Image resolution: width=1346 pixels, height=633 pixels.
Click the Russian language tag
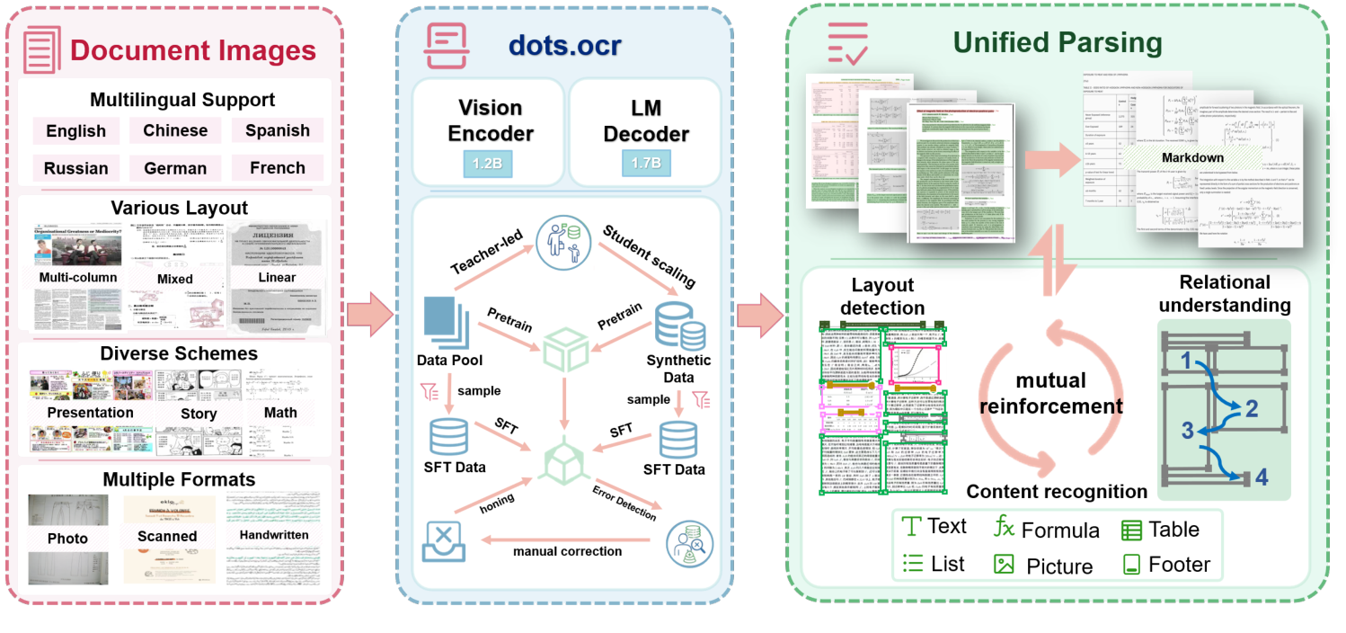[76, 168]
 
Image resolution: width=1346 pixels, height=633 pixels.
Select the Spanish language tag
[278, 130]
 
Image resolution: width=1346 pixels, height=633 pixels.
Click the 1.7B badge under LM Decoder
[645, 164]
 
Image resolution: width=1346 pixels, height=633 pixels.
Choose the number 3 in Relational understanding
[1188, 431]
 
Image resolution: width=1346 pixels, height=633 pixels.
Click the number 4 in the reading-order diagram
[1262, 477]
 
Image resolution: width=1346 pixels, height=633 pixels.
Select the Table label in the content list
[1173, 529]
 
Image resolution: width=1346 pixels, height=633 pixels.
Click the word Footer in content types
[1179, 565]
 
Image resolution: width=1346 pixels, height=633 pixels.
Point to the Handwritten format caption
[274, 535]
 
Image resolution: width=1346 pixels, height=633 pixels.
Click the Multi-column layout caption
[78, 277]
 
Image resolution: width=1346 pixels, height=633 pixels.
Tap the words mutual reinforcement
[1050, 393]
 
